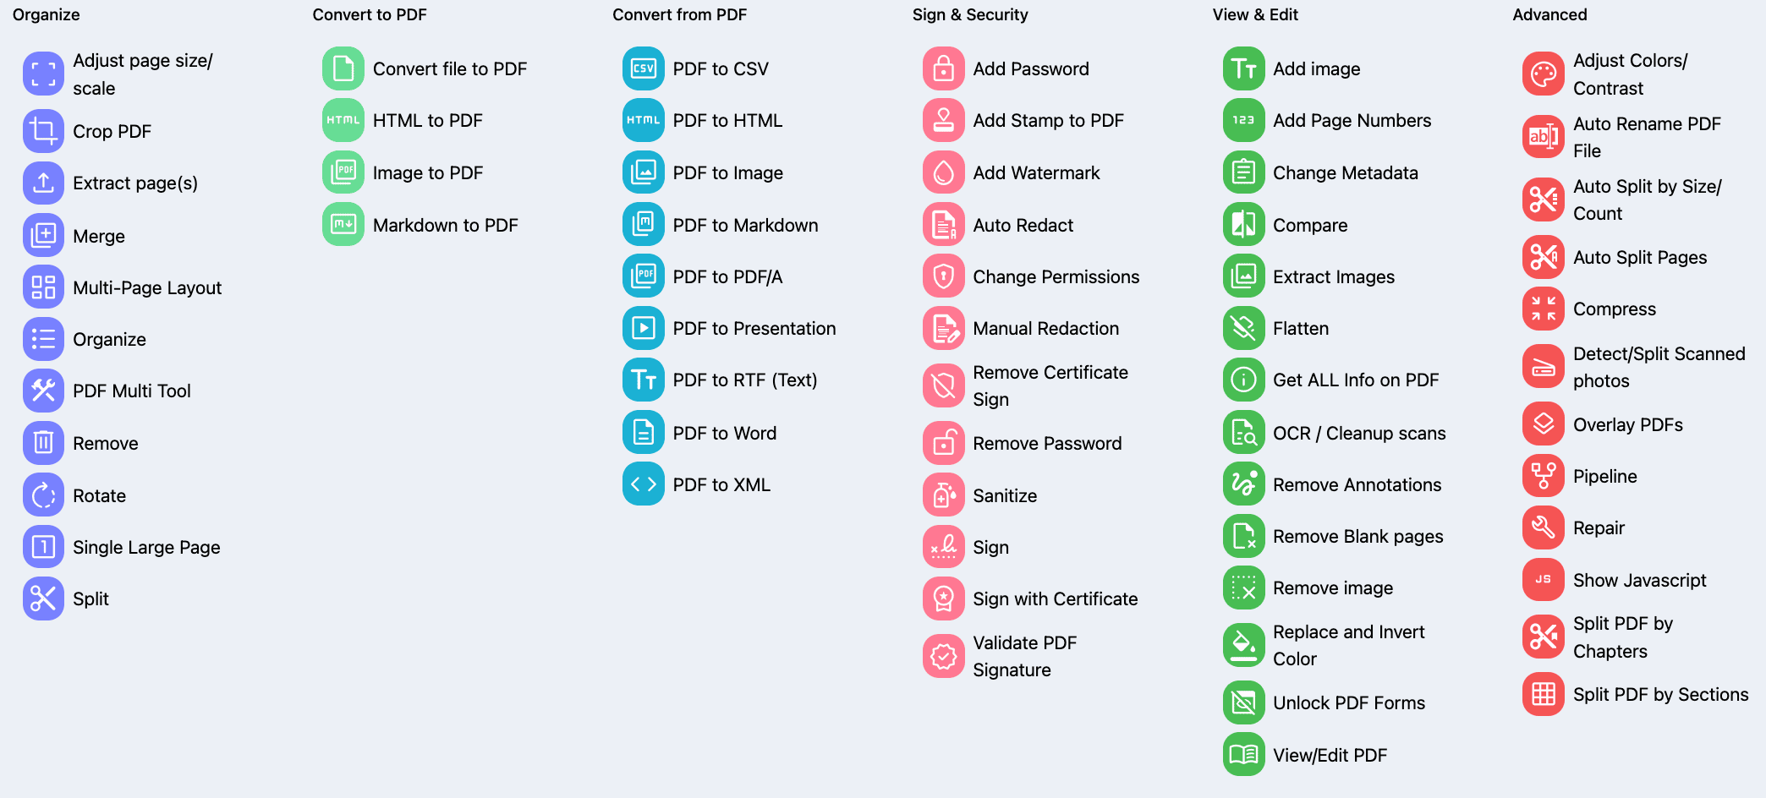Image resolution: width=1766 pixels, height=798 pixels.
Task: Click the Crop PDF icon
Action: click(43, 131)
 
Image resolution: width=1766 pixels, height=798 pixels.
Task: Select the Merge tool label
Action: click(99, 236)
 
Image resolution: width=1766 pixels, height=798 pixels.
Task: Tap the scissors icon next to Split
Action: click(43, 598)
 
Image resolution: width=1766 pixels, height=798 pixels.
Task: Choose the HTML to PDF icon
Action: click(343, 120)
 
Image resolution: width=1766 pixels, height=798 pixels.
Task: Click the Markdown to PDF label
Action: click(445, 225)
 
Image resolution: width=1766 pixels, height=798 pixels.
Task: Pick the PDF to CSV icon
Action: click(644, 68)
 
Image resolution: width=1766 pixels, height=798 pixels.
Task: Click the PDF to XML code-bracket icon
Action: click(644, 484)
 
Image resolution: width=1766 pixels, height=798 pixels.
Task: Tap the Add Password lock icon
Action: click(944, 68)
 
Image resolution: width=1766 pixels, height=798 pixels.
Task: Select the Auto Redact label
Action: click(1023, 225)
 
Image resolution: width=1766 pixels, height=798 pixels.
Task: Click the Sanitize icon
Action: click(944, 495)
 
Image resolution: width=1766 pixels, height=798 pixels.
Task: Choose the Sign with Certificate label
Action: click(1055, 598)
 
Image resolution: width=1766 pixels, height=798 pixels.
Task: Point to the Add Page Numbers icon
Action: click(1243, 120)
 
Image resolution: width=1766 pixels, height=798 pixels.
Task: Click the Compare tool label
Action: click(1309, 225)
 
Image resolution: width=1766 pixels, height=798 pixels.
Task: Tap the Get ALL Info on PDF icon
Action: click(1243, 380)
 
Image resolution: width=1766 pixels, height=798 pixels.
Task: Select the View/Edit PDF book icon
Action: click(1243, 755)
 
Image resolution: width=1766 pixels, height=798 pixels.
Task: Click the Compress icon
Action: click(1544, 309)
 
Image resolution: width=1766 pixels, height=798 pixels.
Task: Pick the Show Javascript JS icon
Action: click(1544, 580)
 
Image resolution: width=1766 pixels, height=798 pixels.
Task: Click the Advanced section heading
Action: click(1549, 14)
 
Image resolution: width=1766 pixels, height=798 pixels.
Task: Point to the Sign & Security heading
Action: click(970, 14)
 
